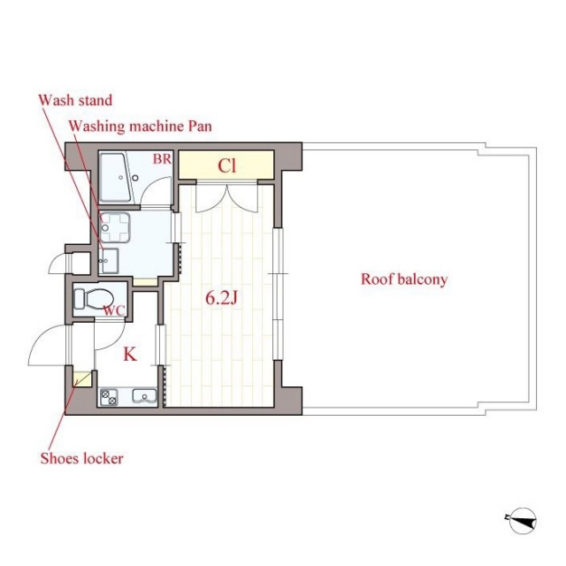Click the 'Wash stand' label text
coord(75,100)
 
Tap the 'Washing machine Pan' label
coord(140,126)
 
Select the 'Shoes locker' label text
coord(82,458)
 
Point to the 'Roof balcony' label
coord(404,279)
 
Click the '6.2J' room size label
coord(221,298)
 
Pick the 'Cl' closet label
coord(227,165)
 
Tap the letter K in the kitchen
coord(130,354)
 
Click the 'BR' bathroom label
coord(162,159)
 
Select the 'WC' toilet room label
coord(114,310)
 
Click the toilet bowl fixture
coord(94,299)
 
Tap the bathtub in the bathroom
coord(115,178)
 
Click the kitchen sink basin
coord(144,396)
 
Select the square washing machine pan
coord(115,227)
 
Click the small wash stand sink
coord(109,261)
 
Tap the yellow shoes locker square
coord(80,379)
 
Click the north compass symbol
coord(521,521)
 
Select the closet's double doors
coord(227,198)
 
